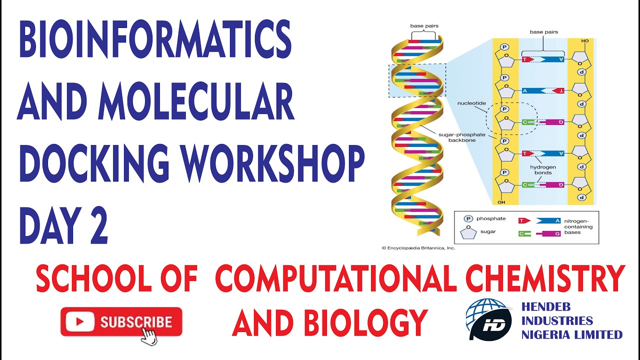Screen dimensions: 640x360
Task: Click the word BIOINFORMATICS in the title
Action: click(155, 39)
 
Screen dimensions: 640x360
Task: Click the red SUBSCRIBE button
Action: click(121, 321)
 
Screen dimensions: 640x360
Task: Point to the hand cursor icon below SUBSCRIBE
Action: click(149, 337)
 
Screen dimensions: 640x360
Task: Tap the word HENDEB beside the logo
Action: click(545, 307)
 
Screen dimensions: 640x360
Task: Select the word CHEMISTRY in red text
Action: click(545, 278)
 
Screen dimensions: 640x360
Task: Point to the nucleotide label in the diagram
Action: click(471, 103)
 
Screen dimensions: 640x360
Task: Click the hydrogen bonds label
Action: click(543, 169)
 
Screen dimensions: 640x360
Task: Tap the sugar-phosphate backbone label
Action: click(461, 137)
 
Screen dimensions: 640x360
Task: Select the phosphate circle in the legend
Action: click(468, 219)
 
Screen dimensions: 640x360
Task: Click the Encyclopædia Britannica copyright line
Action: click(418, 248)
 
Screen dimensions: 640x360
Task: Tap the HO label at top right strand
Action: click(585, 41)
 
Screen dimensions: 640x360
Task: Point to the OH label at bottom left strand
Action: click(501, 202)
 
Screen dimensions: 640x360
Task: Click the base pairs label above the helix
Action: click(424, 25)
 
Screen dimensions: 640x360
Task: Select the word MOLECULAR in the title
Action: click(196, 101)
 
